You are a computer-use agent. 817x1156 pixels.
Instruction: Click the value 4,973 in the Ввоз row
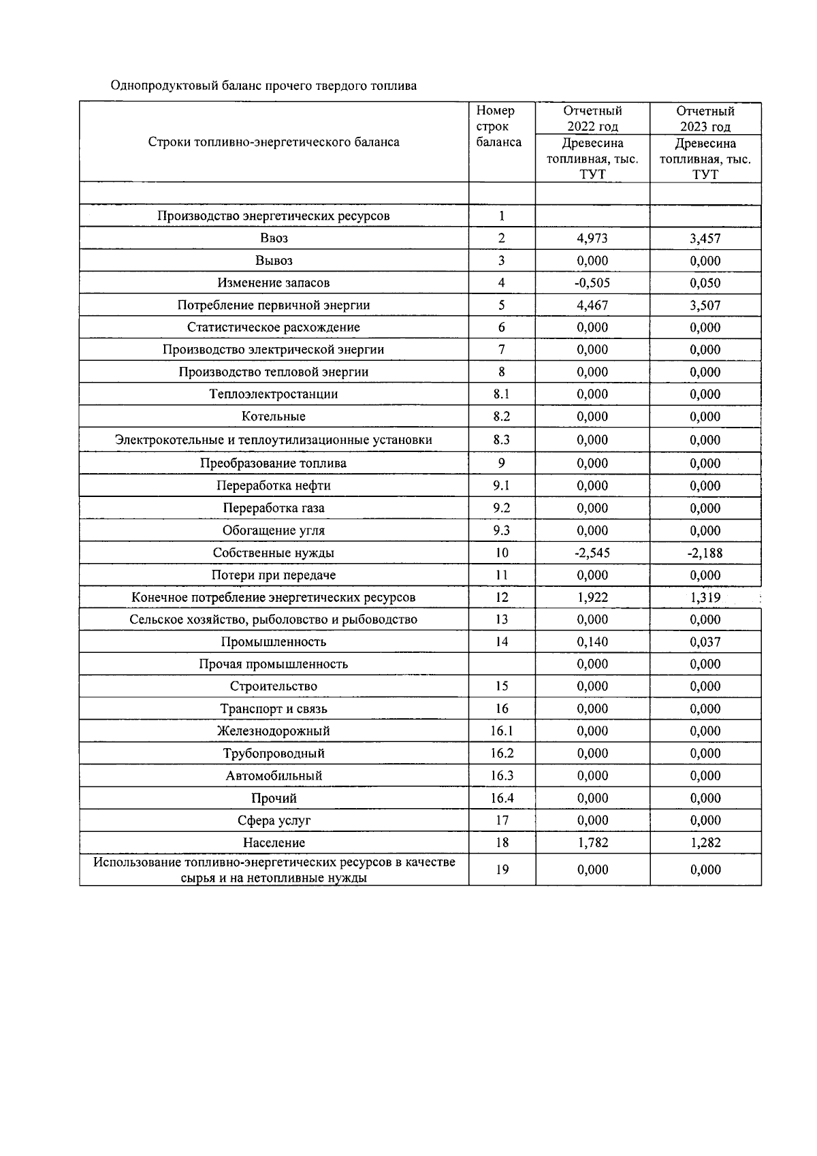coord(592,238)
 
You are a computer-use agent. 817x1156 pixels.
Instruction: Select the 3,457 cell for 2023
coord(705,238)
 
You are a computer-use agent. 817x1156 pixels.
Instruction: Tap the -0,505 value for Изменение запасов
coord(592,283)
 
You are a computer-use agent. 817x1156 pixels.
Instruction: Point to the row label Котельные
coord(274,417)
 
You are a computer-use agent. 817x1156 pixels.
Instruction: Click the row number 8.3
coord(502,440)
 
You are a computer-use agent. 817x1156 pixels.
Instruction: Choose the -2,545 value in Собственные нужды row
coord(592,553)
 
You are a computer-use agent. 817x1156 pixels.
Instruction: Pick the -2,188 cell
coord(705,553)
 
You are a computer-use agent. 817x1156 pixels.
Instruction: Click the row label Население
coord(274,843)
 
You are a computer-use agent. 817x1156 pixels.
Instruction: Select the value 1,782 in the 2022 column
coord(592,843)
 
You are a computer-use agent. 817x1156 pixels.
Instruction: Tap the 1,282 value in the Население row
coord(705,843)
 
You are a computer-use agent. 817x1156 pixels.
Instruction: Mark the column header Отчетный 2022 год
coord(592,118)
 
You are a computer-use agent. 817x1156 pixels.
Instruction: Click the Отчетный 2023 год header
coord(705,118)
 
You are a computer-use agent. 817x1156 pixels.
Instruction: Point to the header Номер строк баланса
coord(498,127)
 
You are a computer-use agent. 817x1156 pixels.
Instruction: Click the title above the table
coord(263,86)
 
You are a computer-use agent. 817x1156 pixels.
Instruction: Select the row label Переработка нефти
coord(274,486)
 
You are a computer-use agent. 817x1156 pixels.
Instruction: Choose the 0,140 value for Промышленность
coord(592,642)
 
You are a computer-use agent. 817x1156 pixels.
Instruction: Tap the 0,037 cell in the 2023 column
coord(705,642)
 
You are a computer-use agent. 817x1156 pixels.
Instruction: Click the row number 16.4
coord(502,798)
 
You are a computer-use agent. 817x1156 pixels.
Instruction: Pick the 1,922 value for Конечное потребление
coord(592,598)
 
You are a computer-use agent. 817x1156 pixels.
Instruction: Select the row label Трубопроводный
coord(274,754)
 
